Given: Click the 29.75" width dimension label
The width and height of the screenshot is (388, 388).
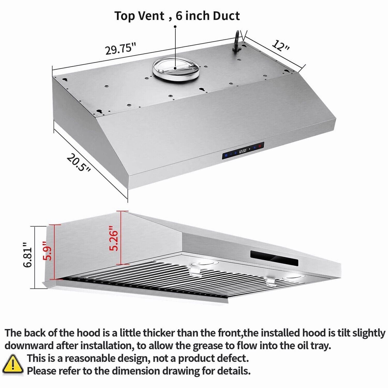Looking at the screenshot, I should [x=121, y=49].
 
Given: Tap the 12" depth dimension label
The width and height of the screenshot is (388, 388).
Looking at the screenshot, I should [x=280, y=46].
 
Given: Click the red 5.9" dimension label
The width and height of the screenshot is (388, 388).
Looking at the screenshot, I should [x=48, y=251].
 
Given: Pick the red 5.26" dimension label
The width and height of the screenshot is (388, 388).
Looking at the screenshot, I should [x=114, y=238].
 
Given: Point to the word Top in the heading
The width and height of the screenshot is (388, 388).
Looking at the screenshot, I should [x=125, y=16].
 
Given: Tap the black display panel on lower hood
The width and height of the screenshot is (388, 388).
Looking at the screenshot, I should [x=274, y=258].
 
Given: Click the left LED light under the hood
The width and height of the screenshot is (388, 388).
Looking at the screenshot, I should [x=204, y=263].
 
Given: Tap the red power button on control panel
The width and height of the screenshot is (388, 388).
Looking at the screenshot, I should [x=260, y=146].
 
